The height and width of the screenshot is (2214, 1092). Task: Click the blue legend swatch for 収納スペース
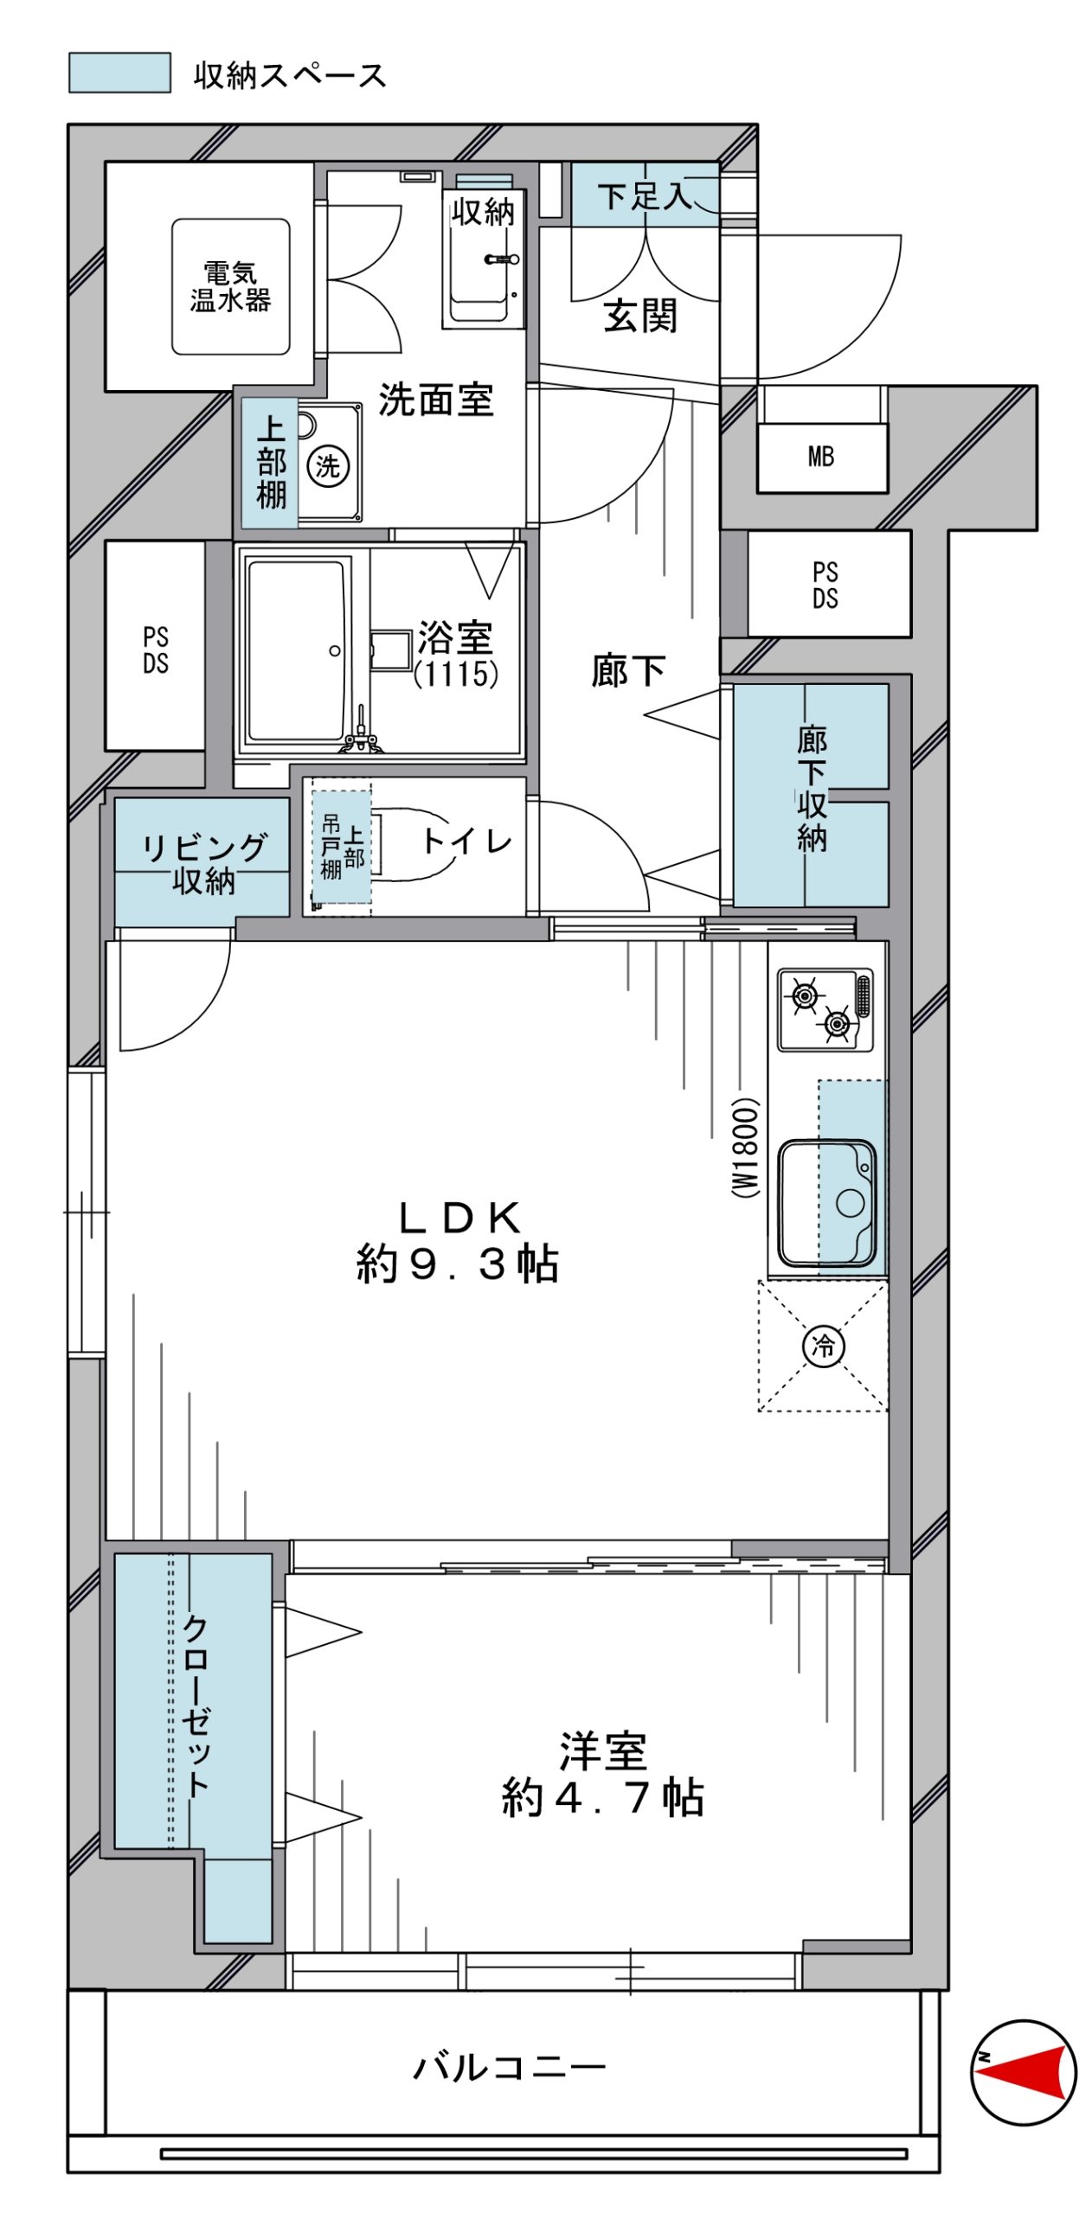(119, 73)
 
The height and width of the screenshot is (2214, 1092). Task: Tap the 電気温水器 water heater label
(230, 286)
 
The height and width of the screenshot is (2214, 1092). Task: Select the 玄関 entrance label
(640, 316)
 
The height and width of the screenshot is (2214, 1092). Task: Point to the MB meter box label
(821, 456)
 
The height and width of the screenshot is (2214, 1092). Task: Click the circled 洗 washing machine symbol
(328, 466)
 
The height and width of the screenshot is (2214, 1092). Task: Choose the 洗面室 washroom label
(436, 400)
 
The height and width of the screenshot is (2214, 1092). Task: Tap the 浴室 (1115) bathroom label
(455, 654)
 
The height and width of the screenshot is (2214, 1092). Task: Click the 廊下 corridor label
(628, 670)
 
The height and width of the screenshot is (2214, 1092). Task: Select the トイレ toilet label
(467, 841)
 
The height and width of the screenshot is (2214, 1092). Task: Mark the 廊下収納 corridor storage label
(812, 789)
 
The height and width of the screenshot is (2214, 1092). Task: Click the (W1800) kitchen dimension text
(745, 1147)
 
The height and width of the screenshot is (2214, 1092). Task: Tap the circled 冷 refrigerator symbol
(823, 1345)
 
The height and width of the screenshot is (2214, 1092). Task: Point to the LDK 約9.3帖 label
(457, 1242)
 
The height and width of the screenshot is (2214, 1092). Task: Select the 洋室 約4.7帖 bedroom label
(602, 1774)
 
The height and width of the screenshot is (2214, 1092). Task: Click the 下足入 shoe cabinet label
(646, 195)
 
